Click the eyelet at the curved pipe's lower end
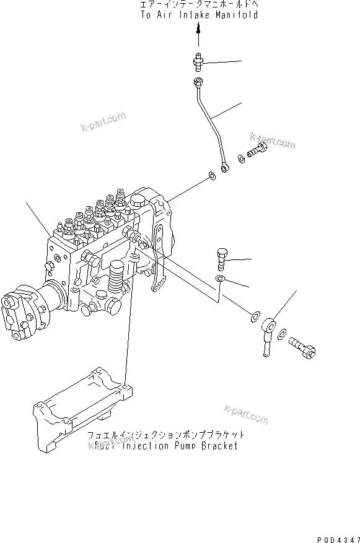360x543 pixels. click(x=226, y=167)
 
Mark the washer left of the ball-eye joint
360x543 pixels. click(x=255, y=318)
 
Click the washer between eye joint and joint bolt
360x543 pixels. click(x=282, y=336)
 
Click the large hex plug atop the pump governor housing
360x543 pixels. click(x=138, y=201)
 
